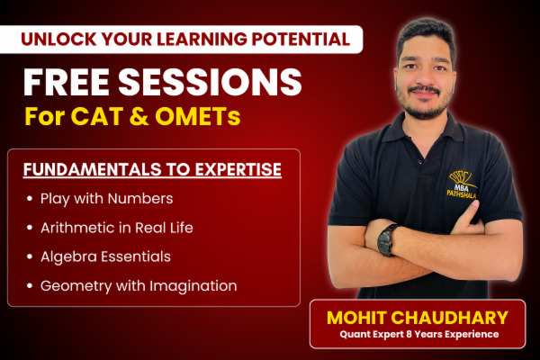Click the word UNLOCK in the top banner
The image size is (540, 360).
coord(57,39)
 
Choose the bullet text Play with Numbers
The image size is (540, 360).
coord(106,198)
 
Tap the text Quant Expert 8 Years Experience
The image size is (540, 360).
coord(418,335)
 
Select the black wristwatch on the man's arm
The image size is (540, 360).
coord(387,239)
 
